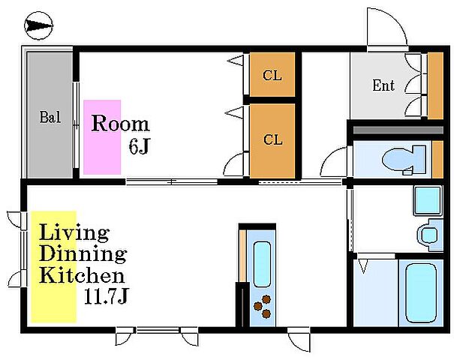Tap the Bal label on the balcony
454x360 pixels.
click(50, 117)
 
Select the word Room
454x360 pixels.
click(121, 123)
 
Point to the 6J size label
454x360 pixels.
click(139, 146)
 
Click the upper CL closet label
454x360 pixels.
click(272, 76)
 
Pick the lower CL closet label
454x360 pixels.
click(272, 139)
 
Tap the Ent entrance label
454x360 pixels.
click(383, 85)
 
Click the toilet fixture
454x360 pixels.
click(404, 160)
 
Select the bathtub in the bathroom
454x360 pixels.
click(421, 292)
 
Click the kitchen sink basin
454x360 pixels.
click(262, 265)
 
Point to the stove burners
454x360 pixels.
click(262, 306)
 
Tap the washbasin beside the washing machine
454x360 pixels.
click(429, 235)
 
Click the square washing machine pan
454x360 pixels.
click(428, 201)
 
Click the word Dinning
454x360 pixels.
click(83, 255)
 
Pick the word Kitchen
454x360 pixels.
click(82, 275)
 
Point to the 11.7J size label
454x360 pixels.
click(106, 296)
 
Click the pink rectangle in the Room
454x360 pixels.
click(102, 137)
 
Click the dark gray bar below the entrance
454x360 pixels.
click(398, 130)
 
